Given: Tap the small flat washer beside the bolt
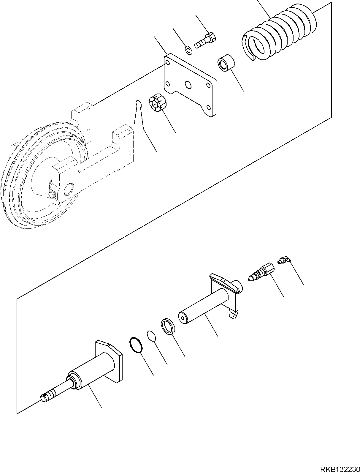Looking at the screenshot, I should click(188, 50).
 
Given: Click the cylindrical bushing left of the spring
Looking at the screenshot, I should click(226, 62).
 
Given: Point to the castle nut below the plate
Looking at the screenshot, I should click(158, 104).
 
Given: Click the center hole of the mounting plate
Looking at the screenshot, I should click(188, 85).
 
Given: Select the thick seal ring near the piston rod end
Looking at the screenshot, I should click(168, 326).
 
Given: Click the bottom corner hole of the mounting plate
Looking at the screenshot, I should click(208, 108).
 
